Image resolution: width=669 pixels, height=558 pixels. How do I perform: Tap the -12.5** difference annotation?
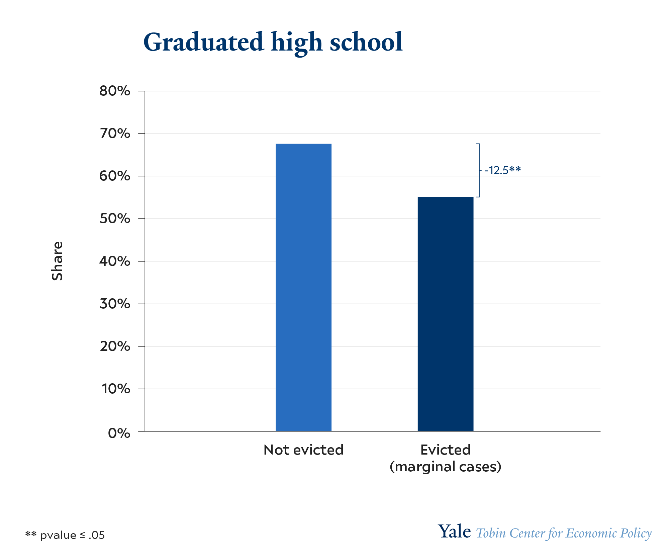(x=502, y=170)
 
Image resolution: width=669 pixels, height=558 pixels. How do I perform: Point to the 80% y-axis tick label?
(x=115, y=91)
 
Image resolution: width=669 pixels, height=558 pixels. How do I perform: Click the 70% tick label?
(x=115, y=134)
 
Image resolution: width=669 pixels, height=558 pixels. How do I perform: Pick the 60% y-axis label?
(x=115, y=176)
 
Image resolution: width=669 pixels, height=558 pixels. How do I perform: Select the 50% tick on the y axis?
(x=115, y=219)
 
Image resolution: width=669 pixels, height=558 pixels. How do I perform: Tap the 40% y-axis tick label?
(x=115, y=261)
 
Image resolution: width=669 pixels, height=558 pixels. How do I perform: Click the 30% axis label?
(x=115, y=304)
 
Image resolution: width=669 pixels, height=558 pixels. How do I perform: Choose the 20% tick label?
(x=115, y=346)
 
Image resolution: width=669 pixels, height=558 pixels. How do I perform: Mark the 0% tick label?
(x=119, y=433)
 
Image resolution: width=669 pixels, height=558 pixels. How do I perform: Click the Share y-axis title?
(x=57, y=261)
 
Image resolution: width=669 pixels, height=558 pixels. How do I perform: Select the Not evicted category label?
(x=303, y=450)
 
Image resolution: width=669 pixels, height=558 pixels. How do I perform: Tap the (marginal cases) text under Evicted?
(x=446, y=467)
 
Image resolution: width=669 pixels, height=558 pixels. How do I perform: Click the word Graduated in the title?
(x=203, y=43)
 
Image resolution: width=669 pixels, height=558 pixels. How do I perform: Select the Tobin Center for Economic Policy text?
(x=564, y=533)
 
